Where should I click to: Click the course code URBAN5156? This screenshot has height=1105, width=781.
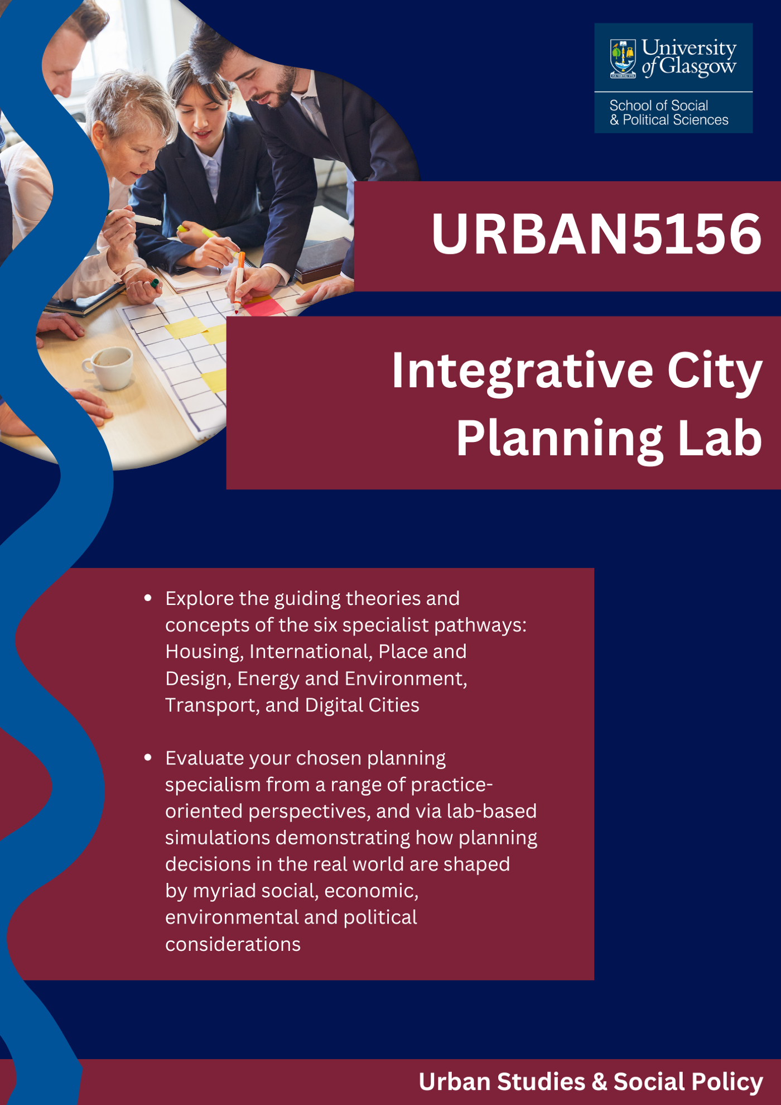point(596,234)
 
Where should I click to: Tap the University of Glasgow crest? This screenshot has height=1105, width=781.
point(623,58)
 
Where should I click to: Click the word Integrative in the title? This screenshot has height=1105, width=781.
point(522,371)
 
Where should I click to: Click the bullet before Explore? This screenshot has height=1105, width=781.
point(148,598)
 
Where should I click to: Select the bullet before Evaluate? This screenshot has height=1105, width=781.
point(148,758)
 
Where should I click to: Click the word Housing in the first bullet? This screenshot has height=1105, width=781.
point(204,652)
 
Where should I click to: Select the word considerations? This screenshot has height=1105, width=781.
point(233,944)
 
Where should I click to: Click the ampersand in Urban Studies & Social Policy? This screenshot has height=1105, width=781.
point(599,1082)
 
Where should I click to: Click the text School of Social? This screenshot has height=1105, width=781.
point(658,105)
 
